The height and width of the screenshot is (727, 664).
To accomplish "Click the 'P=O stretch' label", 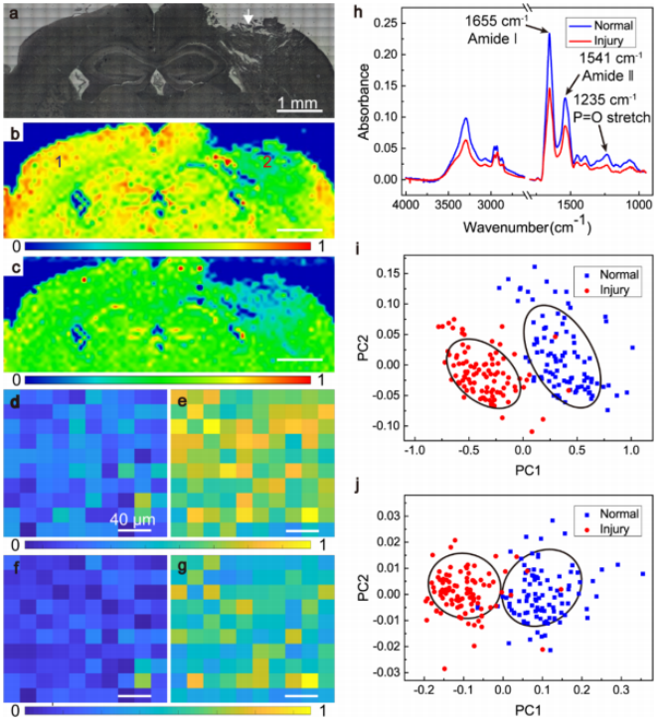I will (x=611, y=117).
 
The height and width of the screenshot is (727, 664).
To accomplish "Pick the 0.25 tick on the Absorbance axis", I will (x=380, y=23).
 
